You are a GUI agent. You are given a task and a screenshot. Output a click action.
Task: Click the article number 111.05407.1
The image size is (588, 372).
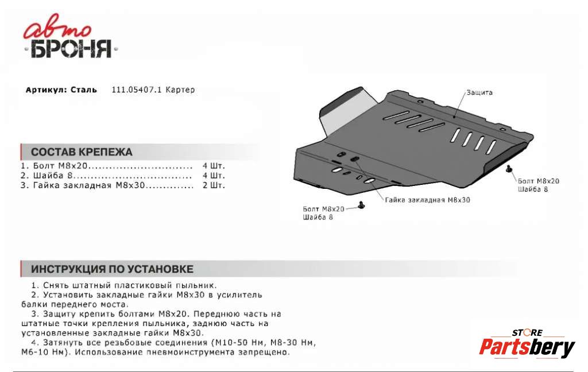pos(137,90)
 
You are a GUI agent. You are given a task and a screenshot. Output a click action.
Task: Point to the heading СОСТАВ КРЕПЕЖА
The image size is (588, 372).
pos(81,152)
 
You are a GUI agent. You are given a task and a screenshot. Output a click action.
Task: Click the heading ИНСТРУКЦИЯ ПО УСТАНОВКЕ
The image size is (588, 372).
pos(111,269)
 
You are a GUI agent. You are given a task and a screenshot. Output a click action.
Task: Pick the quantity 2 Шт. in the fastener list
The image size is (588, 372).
pos(214,185)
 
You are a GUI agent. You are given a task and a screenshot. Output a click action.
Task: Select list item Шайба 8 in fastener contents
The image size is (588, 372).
pos(51,176)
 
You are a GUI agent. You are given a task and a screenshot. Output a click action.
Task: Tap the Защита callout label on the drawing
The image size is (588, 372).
pos(479,92)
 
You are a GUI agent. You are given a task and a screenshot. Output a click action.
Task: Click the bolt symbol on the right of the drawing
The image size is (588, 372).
pos(509,169)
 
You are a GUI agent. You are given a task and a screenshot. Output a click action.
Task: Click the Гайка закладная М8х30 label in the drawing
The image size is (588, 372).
pos(427,200)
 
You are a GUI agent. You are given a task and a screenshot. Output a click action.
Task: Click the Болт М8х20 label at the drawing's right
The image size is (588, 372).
pos(538,181)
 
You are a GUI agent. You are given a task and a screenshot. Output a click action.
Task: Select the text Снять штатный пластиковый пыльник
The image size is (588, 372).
pos(123,285)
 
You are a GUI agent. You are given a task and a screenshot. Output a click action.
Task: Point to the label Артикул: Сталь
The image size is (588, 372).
pos(61,90)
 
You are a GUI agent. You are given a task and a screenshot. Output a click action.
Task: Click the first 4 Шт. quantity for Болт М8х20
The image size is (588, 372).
pos(214,166)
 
